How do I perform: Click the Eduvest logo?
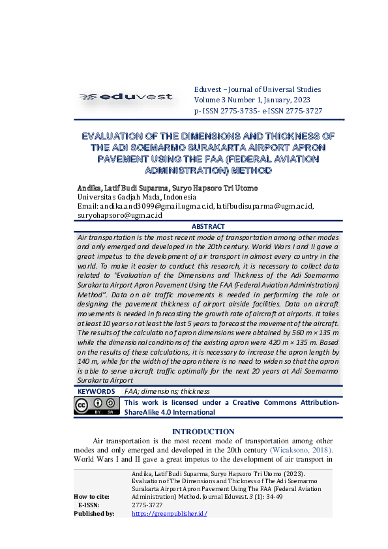(x=126, y=97)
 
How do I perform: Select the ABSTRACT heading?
(x=209, y=226)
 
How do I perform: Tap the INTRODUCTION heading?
(x=203, y=432)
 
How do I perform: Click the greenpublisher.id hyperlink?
(x=169, y=514)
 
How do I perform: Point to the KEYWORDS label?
(x=96, y=392)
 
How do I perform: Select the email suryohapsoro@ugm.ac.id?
(x=120, y=215)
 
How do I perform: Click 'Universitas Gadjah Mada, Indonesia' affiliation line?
(x=137, y=197)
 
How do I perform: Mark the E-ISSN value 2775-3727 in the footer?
(x=147, y=505)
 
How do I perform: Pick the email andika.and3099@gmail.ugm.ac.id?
(x=157, y=206)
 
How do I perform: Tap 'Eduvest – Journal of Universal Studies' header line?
(x=258, y=89)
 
